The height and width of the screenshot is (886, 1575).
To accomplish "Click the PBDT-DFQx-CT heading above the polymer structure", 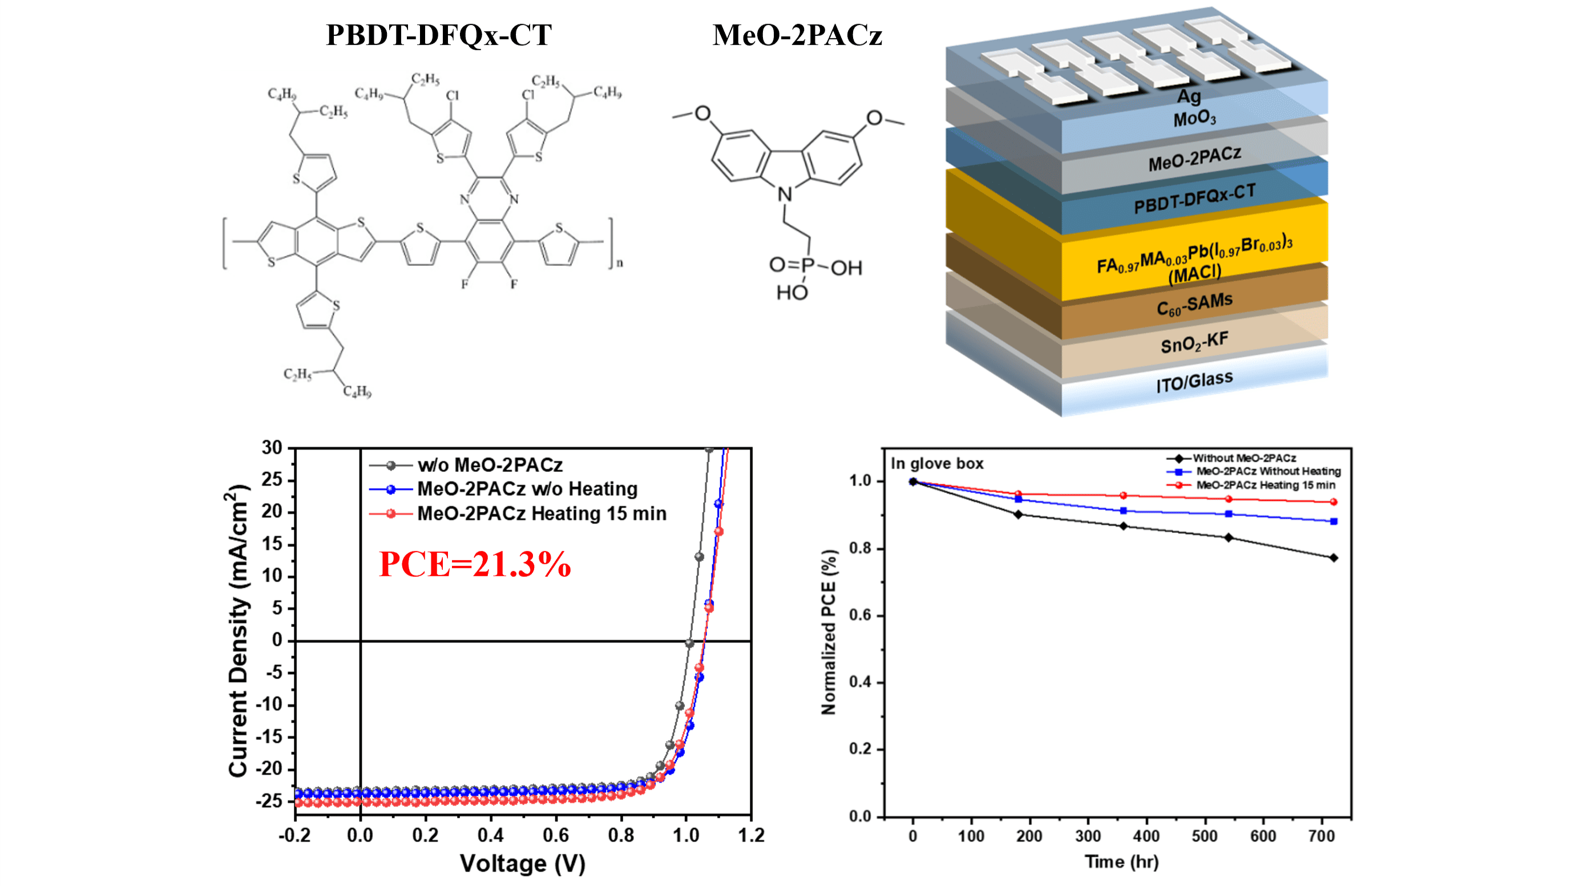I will click(x=438, y=35).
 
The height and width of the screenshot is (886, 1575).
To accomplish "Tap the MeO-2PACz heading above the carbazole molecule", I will click(x=797, y=35).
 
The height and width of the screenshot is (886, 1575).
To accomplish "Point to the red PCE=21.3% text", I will click(x=475, y=564).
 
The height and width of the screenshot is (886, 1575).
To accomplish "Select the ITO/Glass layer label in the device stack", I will click(x=1194, y=382).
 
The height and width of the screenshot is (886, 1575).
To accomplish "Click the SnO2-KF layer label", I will click(x=1194, y=343).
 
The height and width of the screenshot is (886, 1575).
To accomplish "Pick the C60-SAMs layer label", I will click(x=1194, y=305).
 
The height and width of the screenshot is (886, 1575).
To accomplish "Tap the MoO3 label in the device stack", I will click(x=1194, y=118).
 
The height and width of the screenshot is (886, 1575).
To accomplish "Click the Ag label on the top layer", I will click(x=1189, y=96).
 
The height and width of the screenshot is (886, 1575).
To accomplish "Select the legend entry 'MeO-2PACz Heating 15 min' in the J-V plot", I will click(x=542, y=513).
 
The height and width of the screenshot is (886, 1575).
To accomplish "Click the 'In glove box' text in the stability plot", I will click(x=936, y=463).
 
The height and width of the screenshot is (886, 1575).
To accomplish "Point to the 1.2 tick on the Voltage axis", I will click(x=751, y=836).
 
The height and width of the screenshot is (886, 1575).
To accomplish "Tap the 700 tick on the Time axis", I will click(x=1321, y=836).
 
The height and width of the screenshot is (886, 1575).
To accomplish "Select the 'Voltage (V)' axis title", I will click(x=523, y=863).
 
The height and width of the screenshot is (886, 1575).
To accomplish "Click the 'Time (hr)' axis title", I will click(x=1121, y=861).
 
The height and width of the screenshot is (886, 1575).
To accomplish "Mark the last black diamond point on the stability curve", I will click(x=1334, y=557).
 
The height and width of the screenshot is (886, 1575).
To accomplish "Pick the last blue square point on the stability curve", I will click(x=1334, y=521).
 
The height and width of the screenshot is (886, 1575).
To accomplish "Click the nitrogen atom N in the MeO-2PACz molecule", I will click(x=785, y=195).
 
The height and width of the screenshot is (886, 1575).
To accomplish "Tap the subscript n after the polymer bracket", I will click(x=619, y=264).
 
